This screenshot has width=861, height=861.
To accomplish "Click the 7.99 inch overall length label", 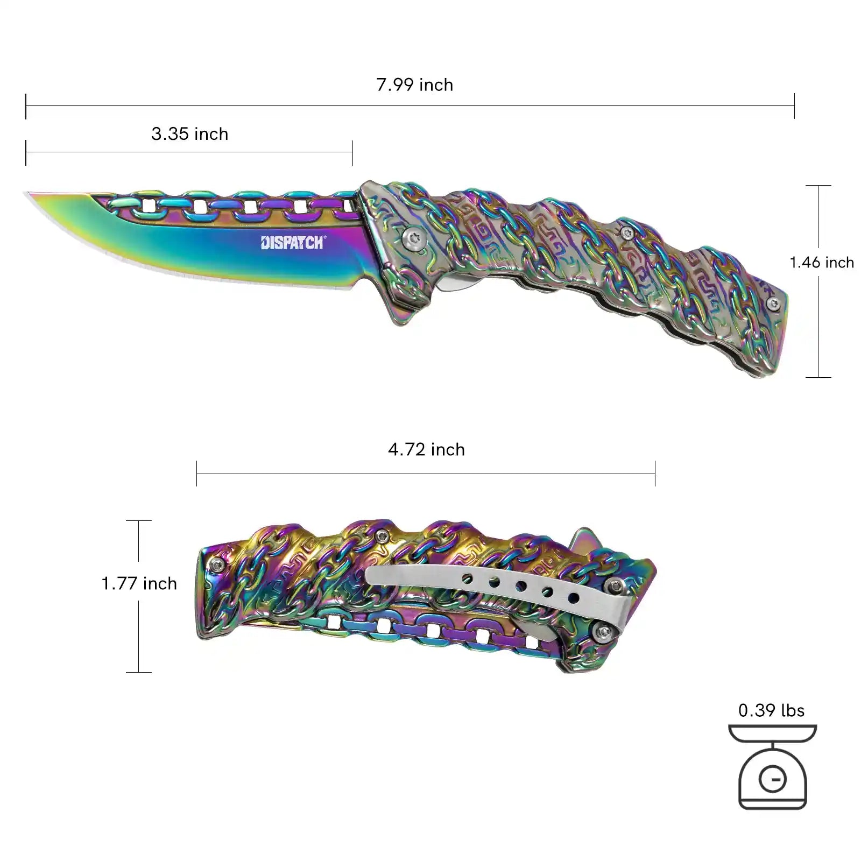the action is click(x=414, y=85).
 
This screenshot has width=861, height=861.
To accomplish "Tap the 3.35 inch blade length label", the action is click(x=189, y=134).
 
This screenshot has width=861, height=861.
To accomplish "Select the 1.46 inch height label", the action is click(x=822, y=263).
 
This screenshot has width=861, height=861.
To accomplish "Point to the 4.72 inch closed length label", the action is click(x=426, y=450).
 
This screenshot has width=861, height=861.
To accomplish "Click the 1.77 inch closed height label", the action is click(x=139, y=583).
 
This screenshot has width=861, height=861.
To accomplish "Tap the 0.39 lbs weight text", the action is click(x=771, y=710).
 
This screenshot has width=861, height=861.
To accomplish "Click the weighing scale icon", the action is click(x=772, y=766).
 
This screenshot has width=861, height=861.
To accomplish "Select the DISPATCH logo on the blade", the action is click(x=292, y=243).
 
